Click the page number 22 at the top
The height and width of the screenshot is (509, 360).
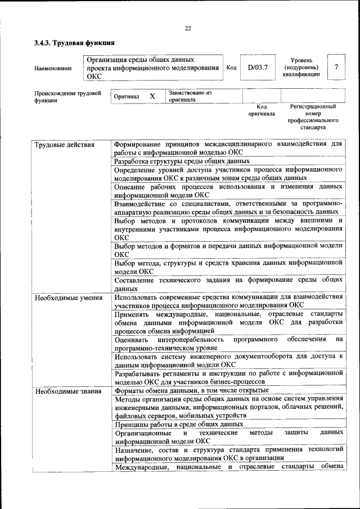[188, 29]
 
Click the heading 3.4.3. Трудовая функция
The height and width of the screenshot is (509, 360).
[74, 42]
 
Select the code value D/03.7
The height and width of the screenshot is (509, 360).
[258, 68]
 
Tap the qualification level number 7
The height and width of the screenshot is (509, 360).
[336, 67]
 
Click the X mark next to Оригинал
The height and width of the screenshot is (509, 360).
[152, 96]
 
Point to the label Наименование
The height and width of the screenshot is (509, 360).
[53, 69]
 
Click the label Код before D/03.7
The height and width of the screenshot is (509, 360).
[231, 68]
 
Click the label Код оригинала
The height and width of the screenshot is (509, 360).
[262, 110]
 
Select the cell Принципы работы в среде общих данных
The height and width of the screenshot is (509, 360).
[178, 424]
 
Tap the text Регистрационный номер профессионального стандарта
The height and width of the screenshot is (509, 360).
[313, 116]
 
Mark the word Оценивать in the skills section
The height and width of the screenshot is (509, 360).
[131, 340]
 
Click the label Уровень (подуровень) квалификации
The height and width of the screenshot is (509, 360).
[305, 67]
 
